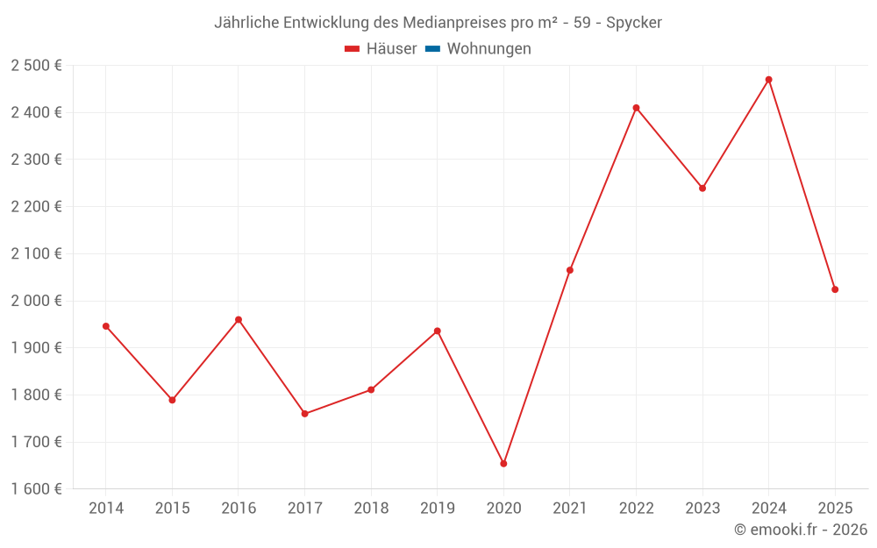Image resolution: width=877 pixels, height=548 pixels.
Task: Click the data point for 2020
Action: click(503, 464)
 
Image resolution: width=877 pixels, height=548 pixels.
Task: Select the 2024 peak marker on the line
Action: click(768, 80)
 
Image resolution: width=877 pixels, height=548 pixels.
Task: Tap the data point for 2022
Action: click(636, 108)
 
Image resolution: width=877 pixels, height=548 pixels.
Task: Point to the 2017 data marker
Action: click(304, 414)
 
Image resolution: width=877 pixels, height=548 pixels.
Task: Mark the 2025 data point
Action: click(835, 289)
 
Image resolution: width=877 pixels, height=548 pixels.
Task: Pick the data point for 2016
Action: click(239, 320)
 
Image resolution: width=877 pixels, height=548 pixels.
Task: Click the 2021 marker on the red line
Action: click(570, 270)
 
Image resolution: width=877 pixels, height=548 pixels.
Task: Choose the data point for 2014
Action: click(106, 326)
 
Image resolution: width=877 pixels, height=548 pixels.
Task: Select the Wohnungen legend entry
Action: click(488, 49)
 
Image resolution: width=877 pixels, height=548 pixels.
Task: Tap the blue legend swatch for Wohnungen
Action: click(432, 49)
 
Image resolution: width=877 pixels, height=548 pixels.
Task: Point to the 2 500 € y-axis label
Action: click(36, 66)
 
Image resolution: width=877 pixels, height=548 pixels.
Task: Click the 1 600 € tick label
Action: click(36, 489)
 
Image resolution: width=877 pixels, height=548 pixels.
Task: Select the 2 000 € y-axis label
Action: click(36, 301)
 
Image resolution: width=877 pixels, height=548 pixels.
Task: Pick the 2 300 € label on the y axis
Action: click(36, 160)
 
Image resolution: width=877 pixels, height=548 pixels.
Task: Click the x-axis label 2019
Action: click(437, 509)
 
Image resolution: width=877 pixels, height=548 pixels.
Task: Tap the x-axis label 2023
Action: click(702, 509)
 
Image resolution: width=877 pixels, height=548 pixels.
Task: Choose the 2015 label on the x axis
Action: click(172, 509)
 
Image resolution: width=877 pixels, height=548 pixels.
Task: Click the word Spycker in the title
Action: click(634, 22)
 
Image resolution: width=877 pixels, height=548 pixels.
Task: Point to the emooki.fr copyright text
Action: click(800, 530)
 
